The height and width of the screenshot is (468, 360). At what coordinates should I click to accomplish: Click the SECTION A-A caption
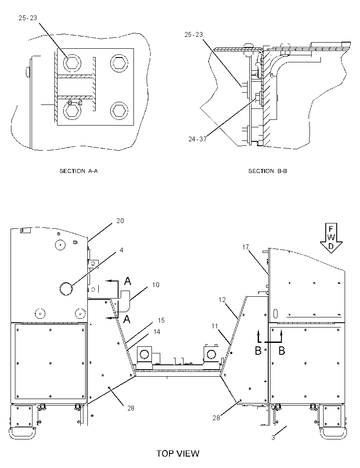pos(79,171)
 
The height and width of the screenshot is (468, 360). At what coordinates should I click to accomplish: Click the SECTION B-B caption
pos(267,171)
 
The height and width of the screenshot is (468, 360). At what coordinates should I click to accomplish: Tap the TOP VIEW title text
pos(178,454)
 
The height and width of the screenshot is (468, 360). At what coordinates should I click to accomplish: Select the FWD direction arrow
pos(331,238)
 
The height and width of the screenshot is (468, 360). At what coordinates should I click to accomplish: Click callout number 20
pos(120,220)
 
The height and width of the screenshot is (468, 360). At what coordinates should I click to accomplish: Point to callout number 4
pos(121,250)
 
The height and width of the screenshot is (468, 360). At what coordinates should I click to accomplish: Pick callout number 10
pos(156,285)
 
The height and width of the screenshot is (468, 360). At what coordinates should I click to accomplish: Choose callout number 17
pos(245,247)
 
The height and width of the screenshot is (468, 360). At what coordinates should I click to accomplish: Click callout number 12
pos(222,300)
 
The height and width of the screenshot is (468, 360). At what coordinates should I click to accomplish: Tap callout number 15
pos(161,320)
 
